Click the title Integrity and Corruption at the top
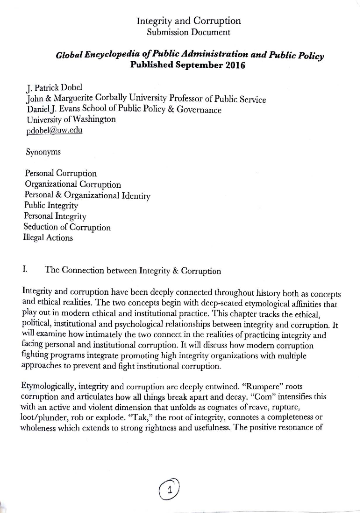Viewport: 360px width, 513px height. (189, 21)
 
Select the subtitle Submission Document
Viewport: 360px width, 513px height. (188, 32)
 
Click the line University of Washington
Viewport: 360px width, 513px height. (71, 119)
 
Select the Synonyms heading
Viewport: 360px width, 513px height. (43, 152)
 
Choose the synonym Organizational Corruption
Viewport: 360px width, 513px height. (73, 184)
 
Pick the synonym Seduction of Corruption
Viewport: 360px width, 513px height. (67, 227)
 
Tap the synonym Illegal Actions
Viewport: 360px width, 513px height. (48, 238)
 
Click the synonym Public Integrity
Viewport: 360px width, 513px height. (51, 206)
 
